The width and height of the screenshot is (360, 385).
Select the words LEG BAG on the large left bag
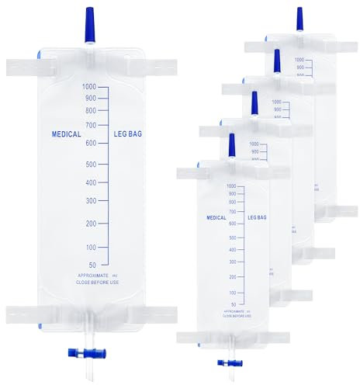(128, 132)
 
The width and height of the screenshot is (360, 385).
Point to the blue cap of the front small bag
(230, 144)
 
